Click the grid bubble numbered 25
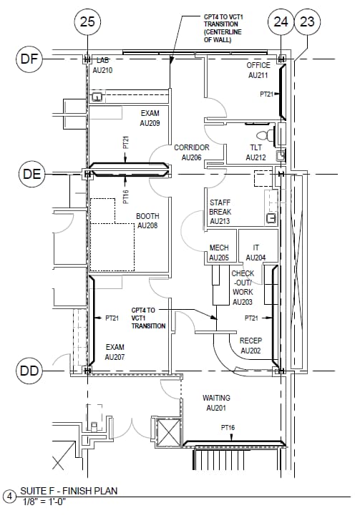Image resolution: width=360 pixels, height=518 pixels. tap(87, 22)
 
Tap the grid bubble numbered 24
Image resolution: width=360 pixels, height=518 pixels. tap(281, 22)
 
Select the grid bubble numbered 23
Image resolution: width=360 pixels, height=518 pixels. tap(308, 22)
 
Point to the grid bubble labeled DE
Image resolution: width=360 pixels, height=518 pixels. tap(29, 173)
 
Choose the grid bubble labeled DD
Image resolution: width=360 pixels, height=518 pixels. tap(29, 371)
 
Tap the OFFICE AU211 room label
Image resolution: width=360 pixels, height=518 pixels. tap(258, 70)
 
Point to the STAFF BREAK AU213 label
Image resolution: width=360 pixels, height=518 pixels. tap(220, 212)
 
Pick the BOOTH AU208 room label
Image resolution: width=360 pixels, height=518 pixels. tap(147, 220)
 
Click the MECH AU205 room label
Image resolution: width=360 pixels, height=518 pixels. tap(219, 253)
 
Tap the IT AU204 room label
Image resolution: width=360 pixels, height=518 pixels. tap(256, 253)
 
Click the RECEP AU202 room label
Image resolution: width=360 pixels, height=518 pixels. tap(250, 346)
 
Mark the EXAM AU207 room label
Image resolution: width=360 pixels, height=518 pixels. tap(115, 351)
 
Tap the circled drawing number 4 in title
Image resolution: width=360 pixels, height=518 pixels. tap(9, 496)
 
